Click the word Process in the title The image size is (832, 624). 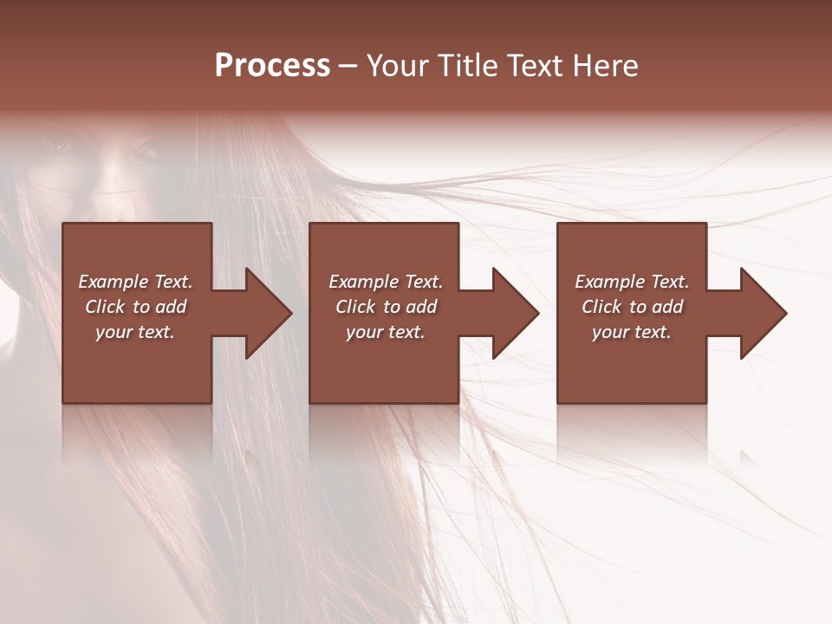pos(272,66)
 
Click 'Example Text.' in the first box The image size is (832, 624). pos(135,282)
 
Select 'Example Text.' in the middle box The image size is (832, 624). pos(385,282)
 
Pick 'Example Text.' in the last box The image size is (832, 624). pos(632,282)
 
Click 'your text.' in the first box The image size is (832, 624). pos(135,332)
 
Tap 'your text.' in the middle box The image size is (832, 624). pos(385,332)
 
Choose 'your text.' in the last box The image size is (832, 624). pos(632,332)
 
